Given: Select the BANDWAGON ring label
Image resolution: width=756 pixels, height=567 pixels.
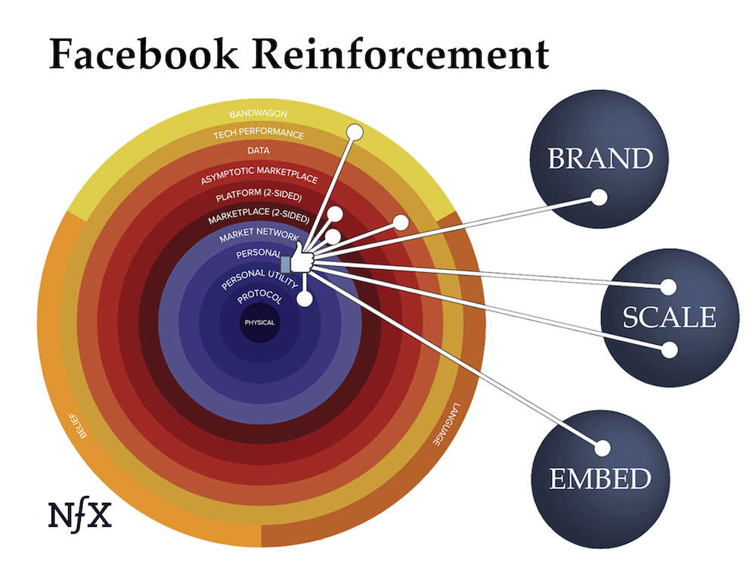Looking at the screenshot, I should [259, 114].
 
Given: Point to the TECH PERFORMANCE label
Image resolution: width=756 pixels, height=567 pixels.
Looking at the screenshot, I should [259, 134].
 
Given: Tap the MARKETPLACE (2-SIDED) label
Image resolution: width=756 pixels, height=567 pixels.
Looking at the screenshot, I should [259, 219].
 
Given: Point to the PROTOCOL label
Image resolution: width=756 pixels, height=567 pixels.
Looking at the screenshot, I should [259, 299].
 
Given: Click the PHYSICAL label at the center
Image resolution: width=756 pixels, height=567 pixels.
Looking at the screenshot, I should [259, 323].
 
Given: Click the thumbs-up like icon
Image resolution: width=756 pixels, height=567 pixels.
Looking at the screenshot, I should [297, 262].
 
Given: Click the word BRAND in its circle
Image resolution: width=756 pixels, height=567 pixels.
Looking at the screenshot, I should [600, 159].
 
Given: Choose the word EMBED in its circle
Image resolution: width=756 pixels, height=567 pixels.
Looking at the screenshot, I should [600, 479].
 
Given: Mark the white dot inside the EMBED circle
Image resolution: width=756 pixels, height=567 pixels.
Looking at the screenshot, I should [603, 448].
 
